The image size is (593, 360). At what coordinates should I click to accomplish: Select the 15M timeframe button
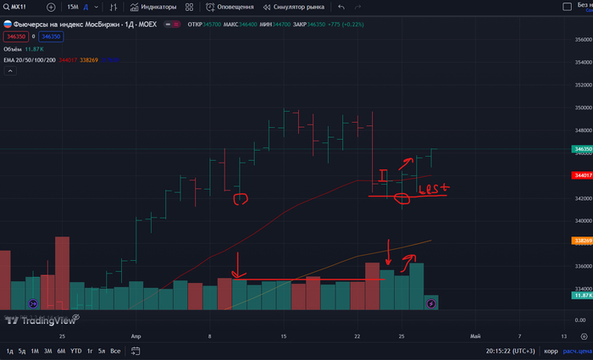(73, 7)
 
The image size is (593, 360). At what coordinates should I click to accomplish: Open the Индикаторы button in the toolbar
(153, 7)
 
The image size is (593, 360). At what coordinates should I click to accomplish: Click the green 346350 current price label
(582, 149)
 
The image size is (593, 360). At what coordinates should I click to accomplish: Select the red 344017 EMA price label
(582, 175)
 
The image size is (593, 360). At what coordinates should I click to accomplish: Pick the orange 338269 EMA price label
(582, 241)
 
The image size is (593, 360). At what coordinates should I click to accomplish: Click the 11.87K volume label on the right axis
(582, 296)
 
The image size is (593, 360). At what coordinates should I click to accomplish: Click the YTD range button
(75, 351)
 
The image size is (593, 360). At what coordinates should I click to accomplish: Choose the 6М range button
(61, 351)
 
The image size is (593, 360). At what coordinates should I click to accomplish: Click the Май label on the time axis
(475, 335)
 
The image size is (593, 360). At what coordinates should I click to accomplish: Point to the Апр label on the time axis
(137, 335)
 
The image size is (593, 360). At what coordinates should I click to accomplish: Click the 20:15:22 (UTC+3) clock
(510, 351)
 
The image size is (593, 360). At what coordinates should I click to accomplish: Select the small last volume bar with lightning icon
(430, 302)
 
